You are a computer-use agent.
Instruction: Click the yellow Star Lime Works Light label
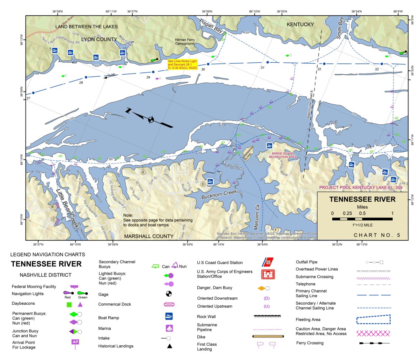(x=182, y=65)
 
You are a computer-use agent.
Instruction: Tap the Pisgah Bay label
(x=211, y=26)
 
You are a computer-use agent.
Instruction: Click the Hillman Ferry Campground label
(x=185, y=42)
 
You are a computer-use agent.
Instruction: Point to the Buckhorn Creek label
(x=219, y=195)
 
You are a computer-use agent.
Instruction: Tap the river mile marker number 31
(x=262, y=68)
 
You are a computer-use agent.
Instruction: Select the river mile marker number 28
(x=81, y=83)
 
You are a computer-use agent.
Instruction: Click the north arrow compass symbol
(x=151, y=119)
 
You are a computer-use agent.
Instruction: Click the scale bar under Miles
(x=362, y=219)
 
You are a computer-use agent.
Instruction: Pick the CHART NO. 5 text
(x=377, y=235)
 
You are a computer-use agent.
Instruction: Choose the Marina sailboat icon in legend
(x=169, y=328)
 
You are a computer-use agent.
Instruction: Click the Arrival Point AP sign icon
(x=75, y=342)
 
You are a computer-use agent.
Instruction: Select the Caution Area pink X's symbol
(x=373, y=333)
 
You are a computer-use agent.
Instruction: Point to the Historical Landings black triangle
(x=169, y=346)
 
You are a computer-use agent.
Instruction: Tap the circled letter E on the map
(x=143, y=172)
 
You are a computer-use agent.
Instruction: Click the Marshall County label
(x=149, y=236)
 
